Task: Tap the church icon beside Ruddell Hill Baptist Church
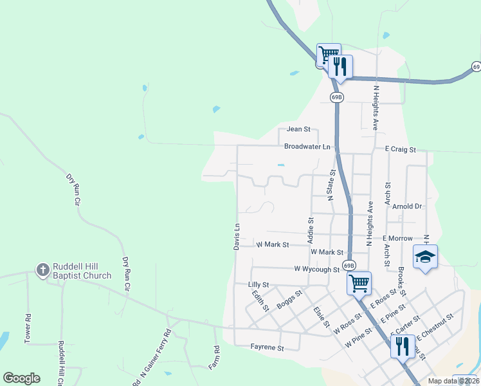coord(42,270)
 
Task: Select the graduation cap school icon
coord(425,257)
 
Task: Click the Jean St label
coord(298,129)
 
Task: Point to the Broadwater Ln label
coord(307,147)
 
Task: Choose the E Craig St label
coord(401,149)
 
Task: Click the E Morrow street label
coord(397,239)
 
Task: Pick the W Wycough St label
coord(316,270)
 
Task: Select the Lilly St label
coord(259,284)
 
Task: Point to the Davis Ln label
coord(237,237)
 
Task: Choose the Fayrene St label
coord(267,348)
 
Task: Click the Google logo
coord(21,378)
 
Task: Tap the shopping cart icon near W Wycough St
coord(359,282)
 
